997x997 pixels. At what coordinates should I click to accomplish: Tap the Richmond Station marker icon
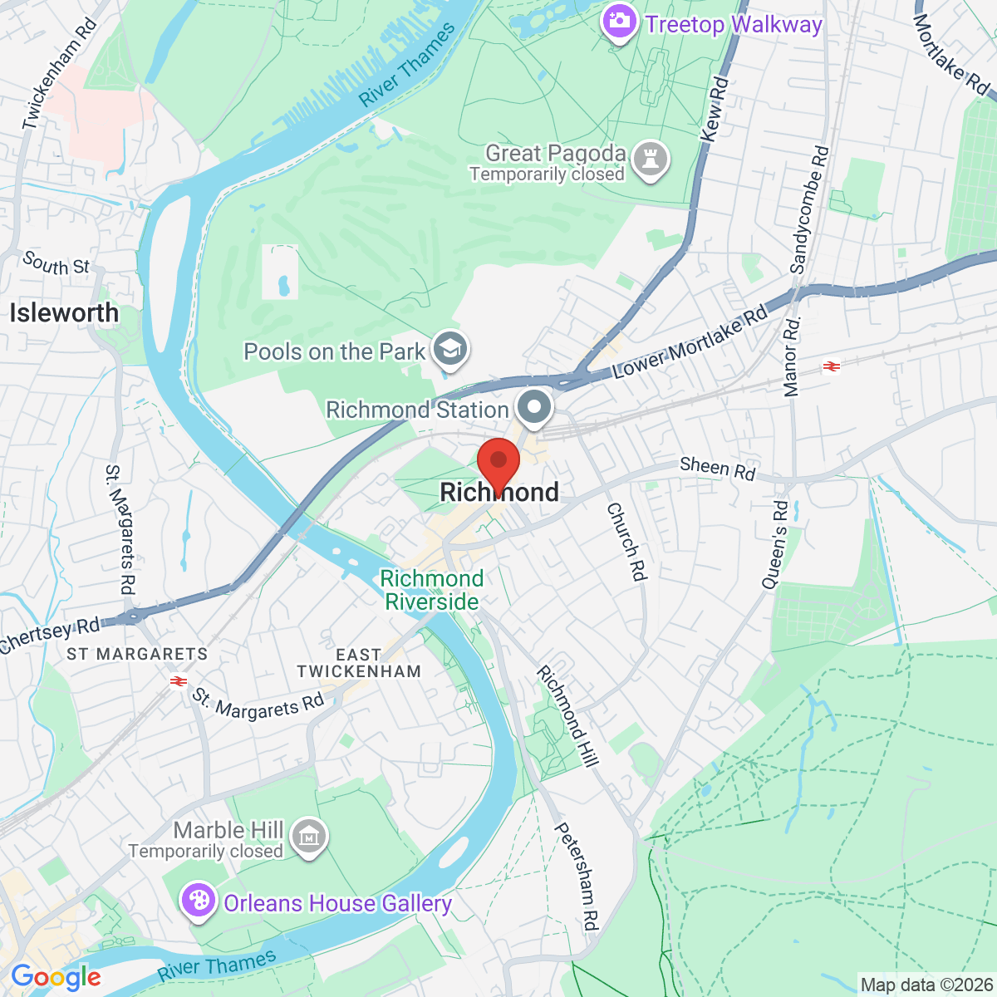click(x=534, y=408)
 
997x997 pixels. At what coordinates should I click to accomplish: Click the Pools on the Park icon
click(x=451, y=350)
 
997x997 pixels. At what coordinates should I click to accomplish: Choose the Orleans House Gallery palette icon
click(x=199, y=901)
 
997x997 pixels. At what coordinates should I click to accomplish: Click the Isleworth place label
click(x=64, y=313)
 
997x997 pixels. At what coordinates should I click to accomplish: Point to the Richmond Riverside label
click(x=432, y=590)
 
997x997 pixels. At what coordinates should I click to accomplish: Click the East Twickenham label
click(x=359, y=663)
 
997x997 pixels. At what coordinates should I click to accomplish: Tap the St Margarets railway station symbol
click(x=177, y=681)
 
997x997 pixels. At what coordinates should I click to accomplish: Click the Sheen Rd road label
click(x=717, y=469)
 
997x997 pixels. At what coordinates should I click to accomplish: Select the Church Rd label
click(x=626, y=541)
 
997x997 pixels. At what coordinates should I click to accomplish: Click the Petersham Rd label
click(x=577, y=876)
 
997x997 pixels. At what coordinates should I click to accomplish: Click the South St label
click(x=56, y=264)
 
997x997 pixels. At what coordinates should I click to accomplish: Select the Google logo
click(x=56, y=978)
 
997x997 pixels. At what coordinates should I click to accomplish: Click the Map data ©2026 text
click(x=926, y=985)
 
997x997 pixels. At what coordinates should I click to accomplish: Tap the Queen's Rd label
click(x=774, y=544)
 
